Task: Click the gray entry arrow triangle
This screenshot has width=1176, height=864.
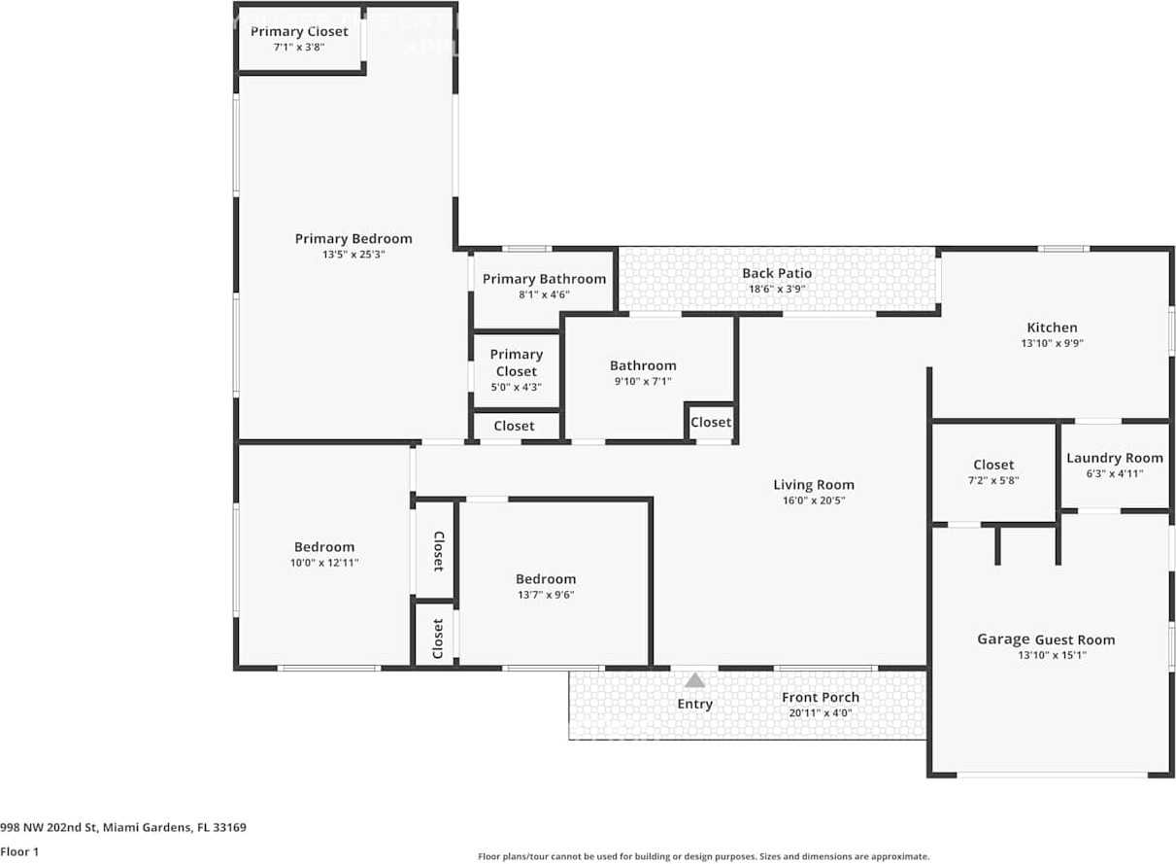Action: coord(694,680)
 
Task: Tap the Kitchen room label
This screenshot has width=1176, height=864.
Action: coord(1052,328)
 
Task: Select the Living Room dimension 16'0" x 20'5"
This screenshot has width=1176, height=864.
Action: coord(814,501)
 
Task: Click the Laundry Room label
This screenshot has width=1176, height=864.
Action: coord(1115,459)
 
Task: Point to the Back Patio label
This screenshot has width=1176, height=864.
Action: coord(777,273)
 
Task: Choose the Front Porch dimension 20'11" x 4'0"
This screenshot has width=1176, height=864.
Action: coord(821,713)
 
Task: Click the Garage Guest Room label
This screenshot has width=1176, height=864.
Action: coord(1046,639)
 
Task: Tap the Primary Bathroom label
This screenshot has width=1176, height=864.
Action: coord(544,279)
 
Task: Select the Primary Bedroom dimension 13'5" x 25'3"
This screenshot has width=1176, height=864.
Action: coord(353,255)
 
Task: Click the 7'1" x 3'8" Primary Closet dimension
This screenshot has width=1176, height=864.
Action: coord(299,47)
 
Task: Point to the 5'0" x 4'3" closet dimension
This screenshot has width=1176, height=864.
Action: coord(516,388)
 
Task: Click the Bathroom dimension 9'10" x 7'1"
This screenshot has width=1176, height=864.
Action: coord(643,381)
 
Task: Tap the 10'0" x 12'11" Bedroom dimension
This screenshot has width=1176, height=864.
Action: coord(324,563)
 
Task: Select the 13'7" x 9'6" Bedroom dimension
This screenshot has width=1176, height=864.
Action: coord(546,595)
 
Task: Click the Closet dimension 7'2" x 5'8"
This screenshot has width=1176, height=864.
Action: coord(993,480)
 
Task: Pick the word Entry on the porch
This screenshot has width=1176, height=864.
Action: coord(694,705)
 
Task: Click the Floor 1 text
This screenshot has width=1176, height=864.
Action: coord(19,852)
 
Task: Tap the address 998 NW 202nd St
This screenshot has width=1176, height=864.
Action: coord(49,827)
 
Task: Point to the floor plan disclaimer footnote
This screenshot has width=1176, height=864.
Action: coord(703,856)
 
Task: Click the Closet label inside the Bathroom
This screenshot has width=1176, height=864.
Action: coord(710,422)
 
